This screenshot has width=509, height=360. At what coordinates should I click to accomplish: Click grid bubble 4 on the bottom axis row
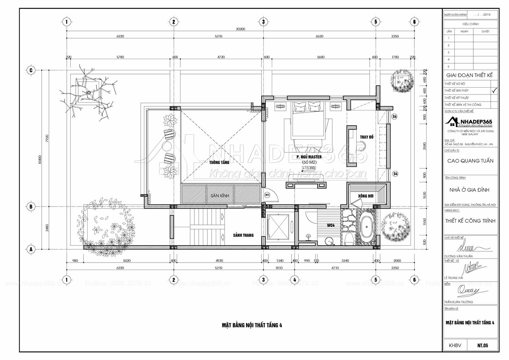click(295, 280)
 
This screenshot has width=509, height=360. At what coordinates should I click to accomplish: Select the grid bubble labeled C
click(31, 70)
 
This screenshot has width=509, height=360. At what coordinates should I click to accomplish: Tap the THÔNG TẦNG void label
click(220, 162)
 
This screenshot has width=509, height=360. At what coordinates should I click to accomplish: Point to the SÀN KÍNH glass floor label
click(220, 196)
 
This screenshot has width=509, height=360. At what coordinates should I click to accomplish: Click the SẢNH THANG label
click(243, 235)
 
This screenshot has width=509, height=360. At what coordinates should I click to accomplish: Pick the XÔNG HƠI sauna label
click(366, 196)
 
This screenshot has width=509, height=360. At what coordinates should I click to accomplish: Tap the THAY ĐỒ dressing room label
click(366, 137)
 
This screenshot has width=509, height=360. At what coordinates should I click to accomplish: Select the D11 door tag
click(267, 195)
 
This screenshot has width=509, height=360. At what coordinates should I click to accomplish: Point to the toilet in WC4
click(347, 239)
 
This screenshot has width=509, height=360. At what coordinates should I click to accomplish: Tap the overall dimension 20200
click(240, 29)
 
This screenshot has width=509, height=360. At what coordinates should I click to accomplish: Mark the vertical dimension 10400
click(40, 159)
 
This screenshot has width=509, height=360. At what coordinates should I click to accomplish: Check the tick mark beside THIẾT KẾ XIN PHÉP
click(494, 90)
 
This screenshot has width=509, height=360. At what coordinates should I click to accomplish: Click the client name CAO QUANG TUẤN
click(470, 161)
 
